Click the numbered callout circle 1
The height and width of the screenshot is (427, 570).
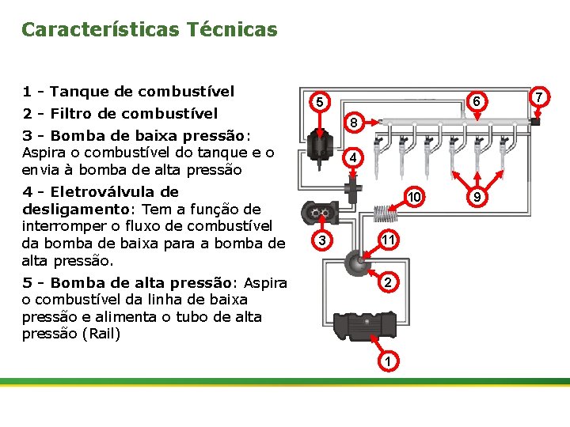coord(388,361)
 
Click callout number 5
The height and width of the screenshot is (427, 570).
coord(318,103)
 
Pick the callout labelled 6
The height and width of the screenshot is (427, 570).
coord(476,102)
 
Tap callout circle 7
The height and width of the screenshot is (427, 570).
coord(540,97)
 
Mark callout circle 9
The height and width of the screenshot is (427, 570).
coord(476,195)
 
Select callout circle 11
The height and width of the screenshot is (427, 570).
coord(388,239)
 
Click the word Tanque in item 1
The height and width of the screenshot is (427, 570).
coord(84,92)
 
